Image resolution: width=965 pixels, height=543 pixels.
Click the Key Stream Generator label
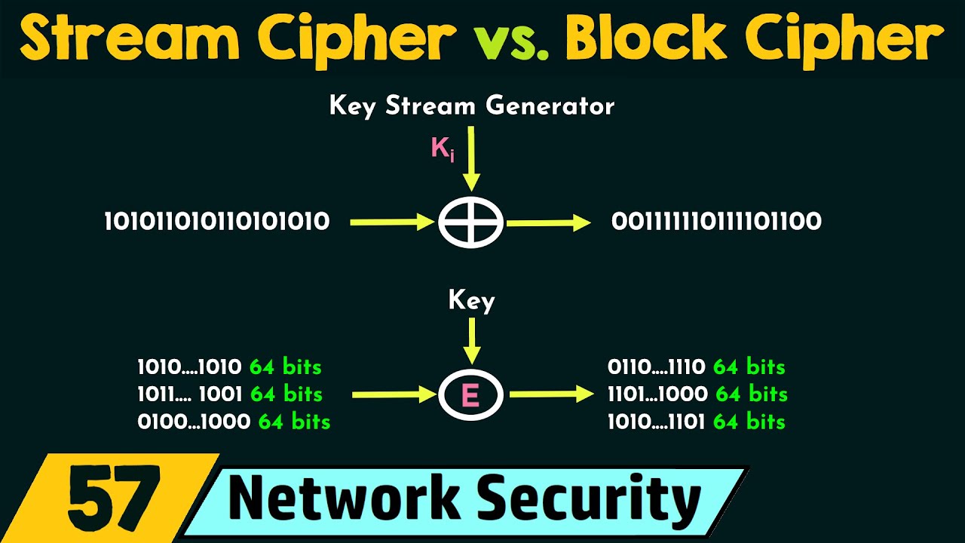(472, 106)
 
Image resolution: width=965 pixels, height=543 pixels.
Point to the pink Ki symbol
(443, 149)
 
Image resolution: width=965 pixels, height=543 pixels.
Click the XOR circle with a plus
(471, 222)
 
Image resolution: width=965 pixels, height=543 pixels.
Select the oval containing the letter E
(471, 394)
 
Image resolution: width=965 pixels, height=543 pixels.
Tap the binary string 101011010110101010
(217, 222)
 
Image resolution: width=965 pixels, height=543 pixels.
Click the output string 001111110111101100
(716, 222)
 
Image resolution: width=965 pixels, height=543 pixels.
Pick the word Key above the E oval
(472, 301)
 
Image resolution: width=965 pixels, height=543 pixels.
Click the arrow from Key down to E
(472, 341)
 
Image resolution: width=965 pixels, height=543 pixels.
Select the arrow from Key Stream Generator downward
(472, 158)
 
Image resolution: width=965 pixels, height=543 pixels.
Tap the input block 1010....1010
(189, 367)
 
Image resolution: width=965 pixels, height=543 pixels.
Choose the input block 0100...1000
(194, 422)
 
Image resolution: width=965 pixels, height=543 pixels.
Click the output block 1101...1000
(657, 394)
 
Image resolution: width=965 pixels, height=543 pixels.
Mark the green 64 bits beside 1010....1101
(749, 422)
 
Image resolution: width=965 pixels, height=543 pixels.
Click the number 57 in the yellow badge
(113, 499)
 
